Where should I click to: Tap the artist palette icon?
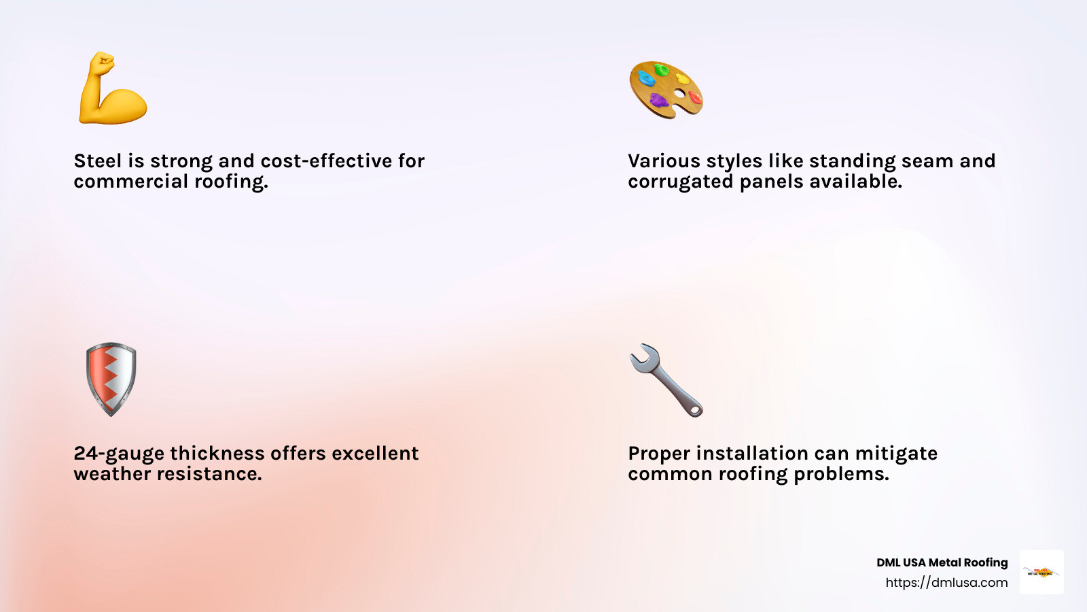pos(666,89)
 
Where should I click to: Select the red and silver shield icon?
pos(111,379)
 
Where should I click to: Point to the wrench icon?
pos(666,379)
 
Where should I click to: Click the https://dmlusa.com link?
pos(946,583)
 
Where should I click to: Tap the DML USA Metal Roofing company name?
pos(942,562)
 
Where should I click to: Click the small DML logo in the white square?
pos(1041,572)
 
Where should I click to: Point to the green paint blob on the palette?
pos(661,69)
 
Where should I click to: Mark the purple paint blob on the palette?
pos(658,101)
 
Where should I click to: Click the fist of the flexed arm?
pos(102,65)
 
